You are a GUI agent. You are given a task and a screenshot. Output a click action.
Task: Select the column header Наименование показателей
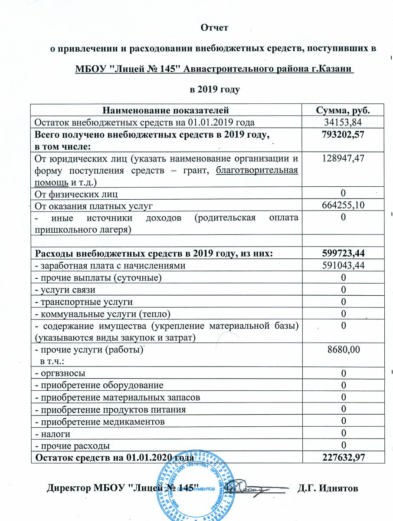pos(166,110)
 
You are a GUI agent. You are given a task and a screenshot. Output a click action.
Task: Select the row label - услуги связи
pos(65,290)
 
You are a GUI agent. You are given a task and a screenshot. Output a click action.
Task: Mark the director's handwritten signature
pos(252,488)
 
